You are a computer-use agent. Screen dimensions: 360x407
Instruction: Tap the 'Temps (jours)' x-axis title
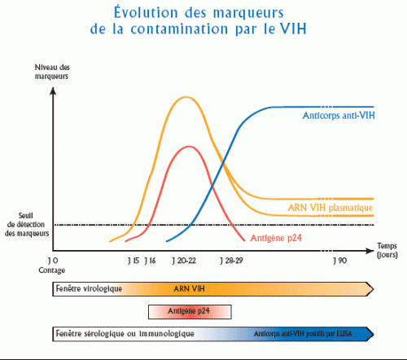pos(387,248)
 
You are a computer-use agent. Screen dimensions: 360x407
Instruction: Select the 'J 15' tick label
pos(134,260)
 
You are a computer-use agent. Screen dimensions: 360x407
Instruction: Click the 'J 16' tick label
pos(150,260)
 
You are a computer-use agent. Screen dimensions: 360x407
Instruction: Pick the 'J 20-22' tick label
pos(184,260)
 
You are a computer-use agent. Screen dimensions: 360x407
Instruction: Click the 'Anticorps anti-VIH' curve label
pos(332,116)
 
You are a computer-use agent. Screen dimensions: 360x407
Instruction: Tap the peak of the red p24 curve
pos(189,147)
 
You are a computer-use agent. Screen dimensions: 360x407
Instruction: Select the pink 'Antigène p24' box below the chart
pos(190,311)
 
